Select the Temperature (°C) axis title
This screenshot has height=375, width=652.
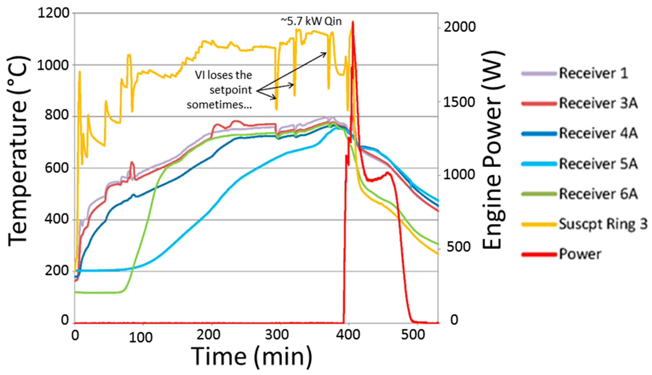[18, 152]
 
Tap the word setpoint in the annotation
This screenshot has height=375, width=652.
[231, 90]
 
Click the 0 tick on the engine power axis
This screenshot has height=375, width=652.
[454, 320]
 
